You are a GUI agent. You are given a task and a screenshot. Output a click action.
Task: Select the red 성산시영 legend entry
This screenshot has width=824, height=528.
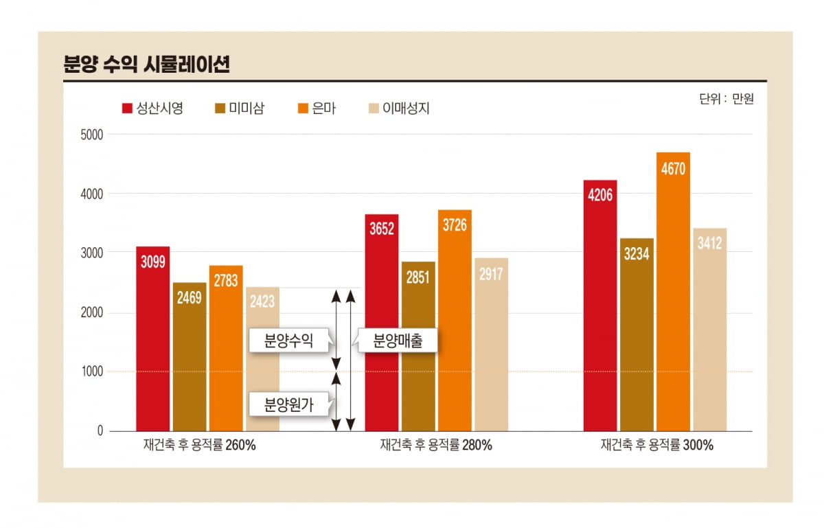click(x=152, y=108)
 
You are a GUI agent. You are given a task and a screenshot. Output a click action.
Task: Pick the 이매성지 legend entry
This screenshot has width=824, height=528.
click(x=399, y=108)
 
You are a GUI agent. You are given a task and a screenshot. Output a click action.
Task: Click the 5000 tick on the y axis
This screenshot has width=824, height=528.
click(x=91, y=135)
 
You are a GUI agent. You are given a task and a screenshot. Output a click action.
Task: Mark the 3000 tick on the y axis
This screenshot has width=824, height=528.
click(x=91, y=253)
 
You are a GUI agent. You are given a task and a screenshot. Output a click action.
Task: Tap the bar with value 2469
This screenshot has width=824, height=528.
click(x=190, y=357)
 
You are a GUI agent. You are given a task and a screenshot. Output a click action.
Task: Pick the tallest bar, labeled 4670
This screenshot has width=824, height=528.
click(x=673, y=295)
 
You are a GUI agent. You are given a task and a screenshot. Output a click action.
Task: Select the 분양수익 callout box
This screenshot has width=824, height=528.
click(x=289, y=341)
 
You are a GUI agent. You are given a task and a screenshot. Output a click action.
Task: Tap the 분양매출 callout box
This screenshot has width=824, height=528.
click(x=396, y=341)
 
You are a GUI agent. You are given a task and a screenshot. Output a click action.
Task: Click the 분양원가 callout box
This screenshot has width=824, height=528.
click(x=289, y=404)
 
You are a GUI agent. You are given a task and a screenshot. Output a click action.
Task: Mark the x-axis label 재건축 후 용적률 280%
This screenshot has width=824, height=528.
click(x=436, y=445)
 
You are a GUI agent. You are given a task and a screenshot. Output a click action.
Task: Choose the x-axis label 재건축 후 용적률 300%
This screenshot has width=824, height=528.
click(x=656, y=445)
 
